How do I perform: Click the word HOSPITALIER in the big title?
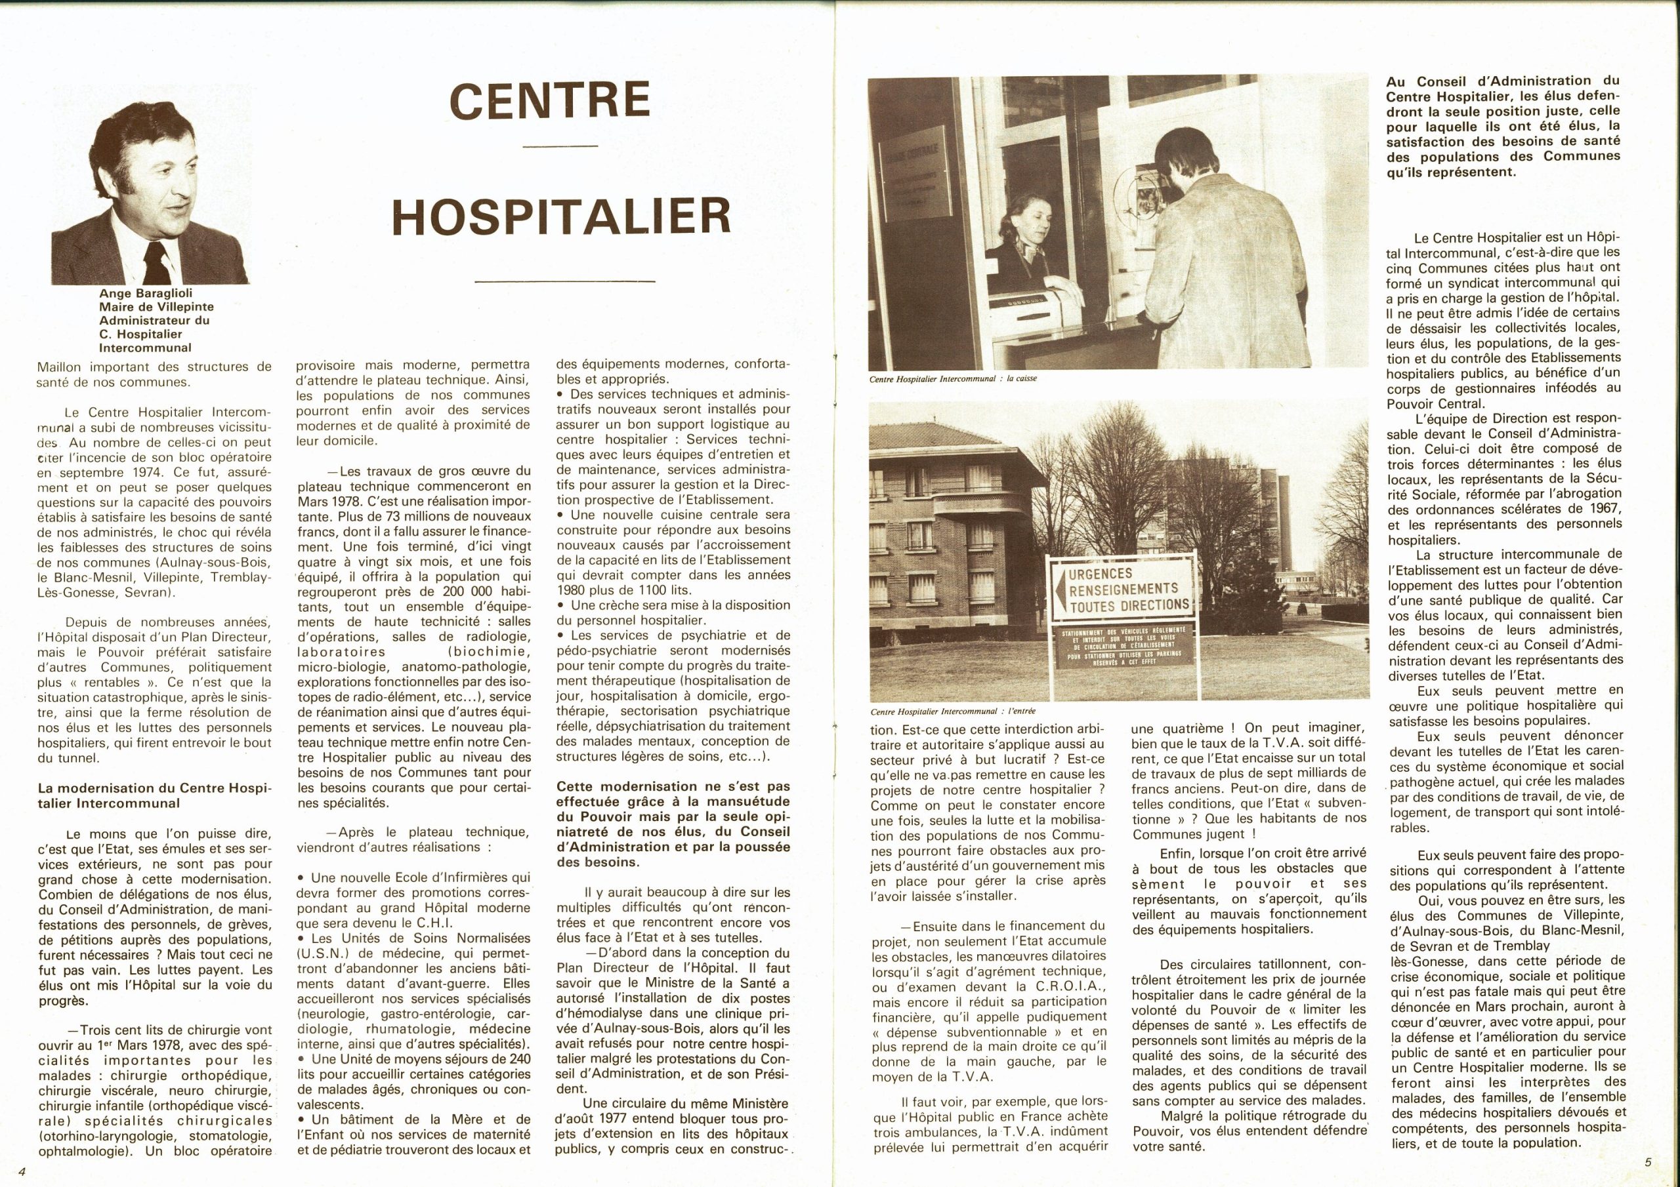(x=561, y=214)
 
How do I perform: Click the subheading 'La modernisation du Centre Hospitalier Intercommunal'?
(x=154, y=795)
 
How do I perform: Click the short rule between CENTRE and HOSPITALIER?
(x=561, y=148)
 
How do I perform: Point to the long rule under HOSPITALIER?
(x=561, y=281)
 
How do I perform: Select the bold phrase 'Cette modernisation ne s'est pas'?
(x=673, y=787)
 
